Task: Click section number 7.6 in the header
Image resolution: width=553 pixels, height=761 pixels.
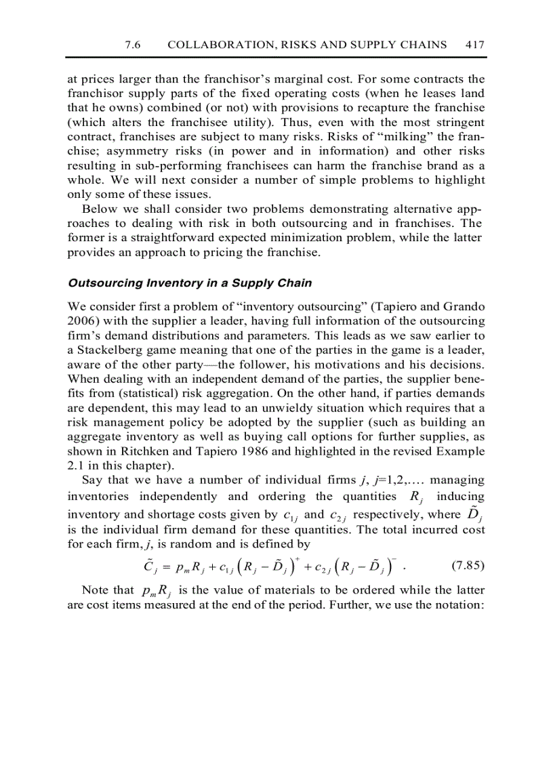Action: [133, 45]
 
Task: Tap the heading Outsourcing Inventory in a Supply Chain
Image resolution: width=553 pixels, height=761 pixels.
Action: [190, 283]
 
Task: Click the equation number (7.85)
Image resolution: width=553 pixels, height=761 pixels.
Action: [468, 565]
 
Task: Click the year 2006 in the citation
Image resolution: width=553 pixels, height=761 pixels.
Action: [81, 321]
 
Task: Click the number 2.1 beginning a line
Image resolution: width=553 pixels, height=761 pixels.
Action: [77, 466]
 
